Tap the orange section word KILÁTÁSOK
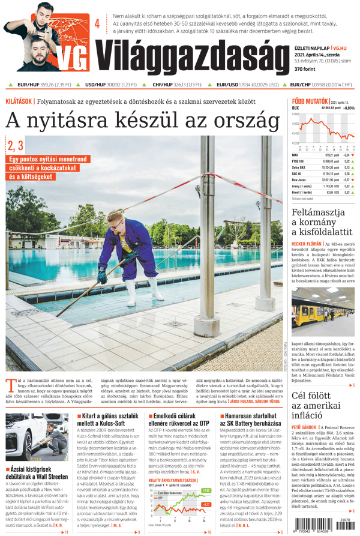pos(19,101)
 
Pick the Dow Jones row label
pos(301,179)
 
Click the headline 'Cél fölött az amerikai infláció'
pos(320,405)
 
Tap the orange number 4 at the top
pos(97,24)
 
